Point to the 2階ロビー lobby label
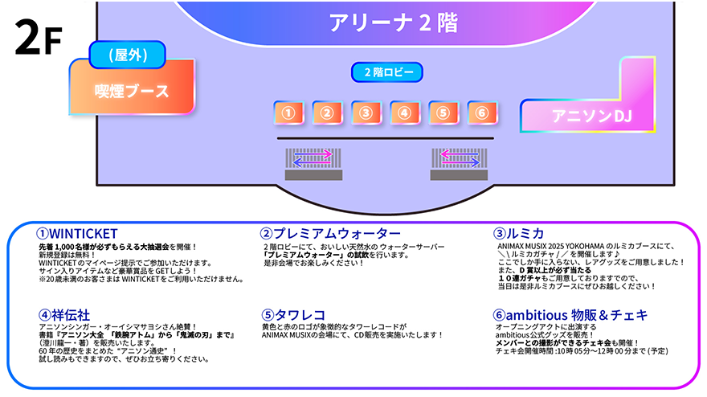click(387, 72)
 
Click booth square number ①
click(288, 113)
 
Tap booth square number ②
click(326, 113)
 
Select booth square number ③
click(365, 113)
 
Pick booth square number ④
click(404, 113)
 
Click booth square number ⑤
click(443, 113)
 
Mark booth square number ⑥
click(480, 113)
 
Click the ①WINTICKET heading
click(78, 234)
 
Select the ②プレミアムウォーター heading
click(330, 234)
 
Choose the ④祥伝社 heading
click(67, 314)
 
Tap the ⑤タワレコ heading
click(293, 314)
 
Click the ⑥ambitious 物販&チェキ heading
click(572, 315)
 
